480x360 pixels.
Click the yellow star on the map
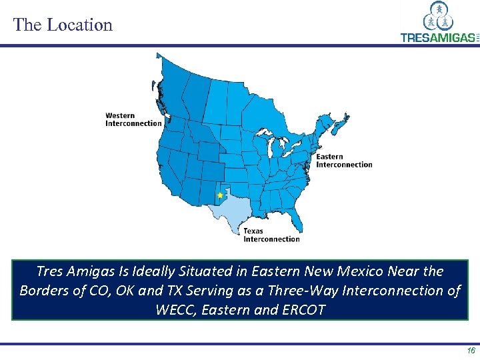pos(220,195)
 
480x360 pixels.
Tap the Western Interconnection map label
pos(133,119)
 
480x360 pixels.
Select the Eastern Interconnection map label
pos(344,161)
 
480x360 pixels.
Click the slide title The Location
pos(63,25)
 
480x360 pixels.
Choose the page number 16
pos(471,350)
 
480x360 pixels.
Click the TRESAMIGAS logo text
pos(437,37)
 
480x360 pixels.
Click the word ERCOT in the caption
pos(304,310)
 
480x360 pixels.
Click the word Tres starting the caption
pos(49,271)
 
